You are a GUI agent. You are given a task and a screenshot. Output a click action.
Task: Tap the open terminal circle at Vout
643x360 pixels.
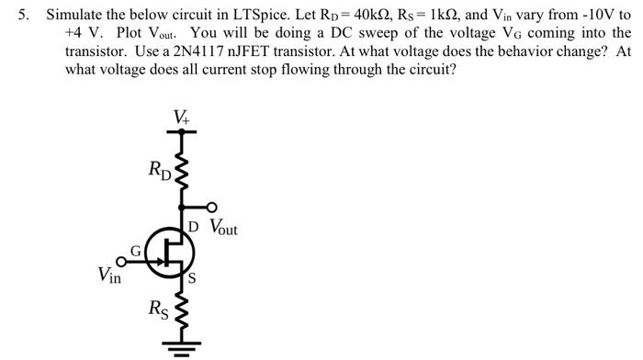click(213, 207)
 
